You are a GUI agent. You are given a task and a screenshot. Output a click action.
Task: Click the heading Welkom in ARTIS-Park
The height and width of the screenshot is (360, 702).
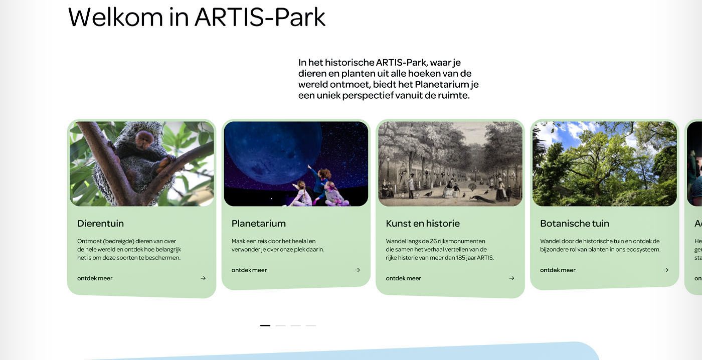click(x=197, y=17)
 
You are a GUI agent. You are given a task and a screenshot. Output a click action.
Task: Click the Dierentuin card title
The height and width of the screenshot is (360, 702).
click(x=101, y=224)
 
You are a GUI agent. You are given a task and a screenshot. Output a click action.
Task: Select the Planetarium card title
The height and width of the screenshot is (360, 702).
click(x=259, y=224)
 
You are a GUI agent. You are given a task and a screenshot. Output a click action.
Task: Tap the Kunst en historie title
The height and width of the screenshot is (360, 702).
click(x=423, y=224)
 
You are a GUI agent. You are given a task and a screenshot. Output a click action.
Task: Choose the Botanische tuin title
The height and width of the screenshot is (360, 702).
click(x=575, y=224)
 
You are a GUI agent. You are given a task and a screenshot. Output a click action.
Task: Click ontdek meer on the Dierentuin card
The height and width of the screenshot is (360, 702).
click(x=95, y=278)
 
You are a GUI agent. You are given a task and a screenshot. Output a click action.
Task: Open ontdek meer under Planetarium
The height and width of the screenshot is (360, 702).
click(x=249, y=270)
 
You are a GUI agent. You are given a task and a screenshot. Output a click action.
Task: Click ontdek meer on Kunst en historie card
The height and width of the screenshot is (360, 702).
click(x=403, y=278)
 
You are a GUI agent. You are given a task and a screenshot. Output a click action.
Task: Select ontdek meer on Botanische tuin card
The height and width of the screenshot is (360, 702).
click(x=558, y=270)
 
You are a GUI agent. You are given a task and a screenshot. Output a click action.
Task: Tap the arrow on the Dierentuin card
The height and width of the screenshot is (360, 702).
click(x=203, y=278)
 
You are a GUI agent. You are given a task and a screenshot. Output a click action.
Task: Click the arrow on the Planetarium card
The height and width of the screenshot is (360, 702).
click(x=357, y=270)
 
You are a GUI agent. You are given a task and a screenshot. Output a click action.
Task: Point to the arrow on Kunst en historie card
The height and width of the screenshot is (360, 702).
click(x=511, y=278)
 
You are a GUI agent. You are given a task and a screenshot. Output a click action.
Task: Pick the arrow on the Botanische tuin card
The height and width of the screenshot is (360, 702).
click(x=666, y=270)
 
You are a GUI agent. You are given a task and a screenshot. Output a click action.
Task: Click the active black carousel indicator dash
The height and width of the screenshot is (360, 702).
click(x=265, y=325)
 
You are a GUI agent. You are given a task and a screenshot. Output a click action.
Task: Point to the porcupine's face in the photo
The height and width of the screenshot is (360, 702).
click(x=144, y=140)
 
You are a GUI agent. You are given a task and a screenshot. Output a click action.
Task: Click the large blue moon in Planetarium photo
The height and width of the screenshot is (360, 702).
click(x=273, y=150)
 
